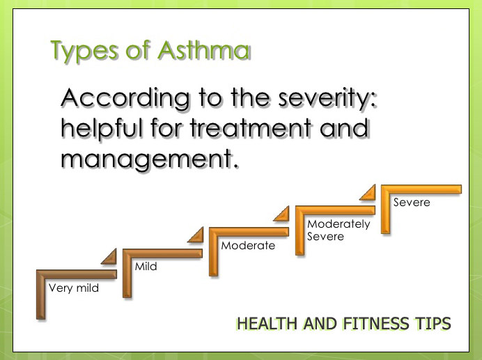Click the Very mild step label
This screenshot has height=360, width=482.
73,288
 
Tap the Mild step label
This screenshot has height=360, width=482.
146,266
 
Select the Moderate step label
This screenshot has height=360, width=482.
248,245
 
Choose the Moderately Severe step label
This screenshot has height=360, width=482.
339,230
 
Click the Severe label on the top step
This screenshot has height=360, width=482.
412,203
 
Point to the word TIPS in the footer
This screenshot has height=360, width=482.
435,324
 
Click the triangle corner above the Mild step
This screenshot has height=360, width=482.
109,258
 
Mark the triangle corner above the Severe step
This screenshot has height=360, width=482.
368,192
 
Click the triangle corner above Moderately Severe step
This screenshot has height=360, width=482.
281,214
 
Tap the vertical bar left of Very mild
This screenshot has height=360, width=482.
40,296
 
